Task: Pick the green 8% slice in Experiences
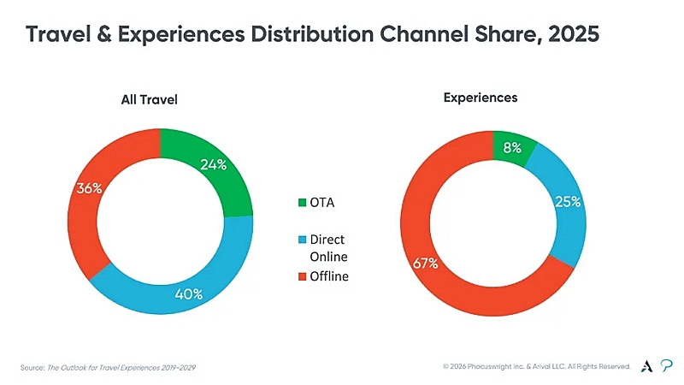(x=511, y=147)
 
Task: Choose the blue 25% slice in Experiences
(x=567, y=203)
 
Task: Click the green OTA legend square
(x=303, y=203)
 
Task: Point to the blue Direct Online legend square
(x=303, y=240)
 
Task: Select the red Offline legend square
(x=303, y=276)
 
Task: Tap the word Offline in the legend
(x=329, y=276)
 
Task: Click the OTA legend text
(x=322, y=203)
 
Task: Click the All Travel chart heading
(x=149, y=99)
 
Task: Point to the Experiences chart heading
(x=481, y=98)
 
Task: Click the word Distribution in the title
(x=312, y=34)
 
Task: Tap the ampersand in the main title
(x=104, y=34)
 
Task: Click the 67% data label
(x=425, y=264)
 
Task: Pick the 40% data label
(x=188, y=293)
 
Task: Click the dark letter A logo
(x=647, y=366)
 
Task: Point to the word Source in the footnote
(x=32, y=368)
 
